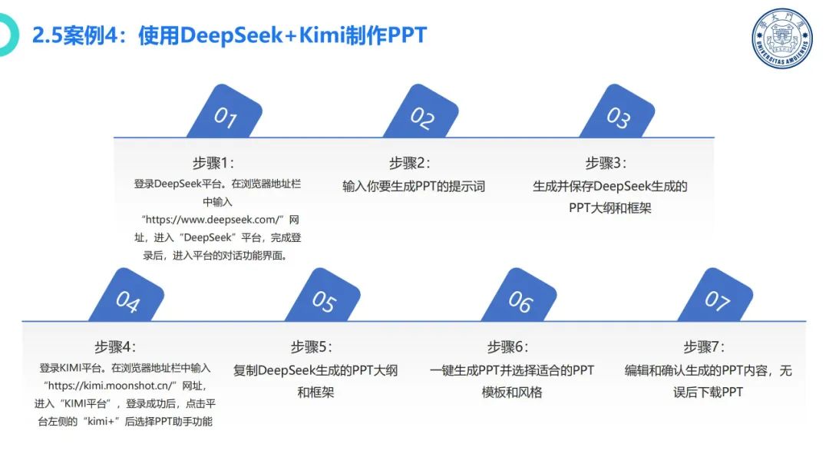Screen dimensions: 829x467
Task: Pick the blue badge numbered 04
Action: click(x=127, y=299)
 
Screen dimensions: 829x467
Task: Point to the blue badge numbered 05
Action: click(x=323, y=299)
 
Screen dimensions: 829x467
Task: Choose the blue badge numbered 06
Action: click(x=520, y=299)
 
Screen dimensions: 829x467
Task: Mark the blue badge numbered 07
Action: click(x=716, y=299)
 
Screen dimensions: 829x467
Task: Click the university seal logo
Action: click(x=781, y=38)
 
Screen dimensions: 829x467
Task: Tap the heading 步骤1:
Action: click(x=213, y=163)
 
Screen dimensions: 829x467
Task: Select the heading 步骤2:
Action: click(x=410, y=163)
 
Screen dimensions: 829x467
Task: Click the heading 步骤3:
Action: click(x=606, y=163)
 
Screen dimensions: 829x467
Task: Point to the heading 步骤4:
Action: click(x=115, y=346)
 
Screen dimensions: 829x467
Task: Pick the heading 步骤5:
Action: click(x=312, y=346)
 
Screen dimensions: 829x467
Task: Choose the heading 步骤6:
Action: click(x=508, y=346)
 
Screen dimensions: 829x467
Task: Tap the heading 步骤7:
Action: click(x=705, y=346)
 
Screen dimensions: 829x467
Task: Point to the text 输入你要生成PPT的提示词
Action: click(x=414, y=186)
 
